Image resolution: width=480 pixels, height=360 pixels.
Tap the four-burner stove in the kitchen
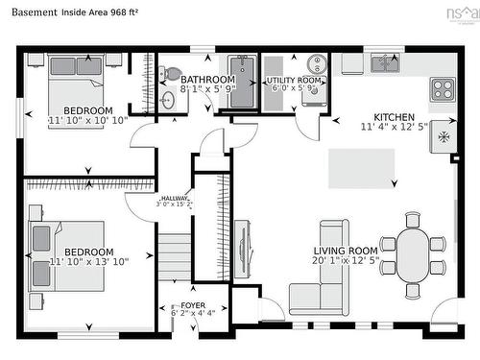pos(443,89)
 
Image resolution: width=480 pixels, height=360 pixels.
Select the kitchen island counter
pos(362,168)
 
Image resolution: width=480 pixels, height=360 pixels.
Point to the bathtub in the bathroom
pos(244,82)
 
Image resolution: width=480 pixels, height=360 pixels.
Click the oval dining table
pos(414,254)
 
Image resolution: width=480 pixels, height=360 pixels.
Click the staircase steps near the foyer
pos(175,254)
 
